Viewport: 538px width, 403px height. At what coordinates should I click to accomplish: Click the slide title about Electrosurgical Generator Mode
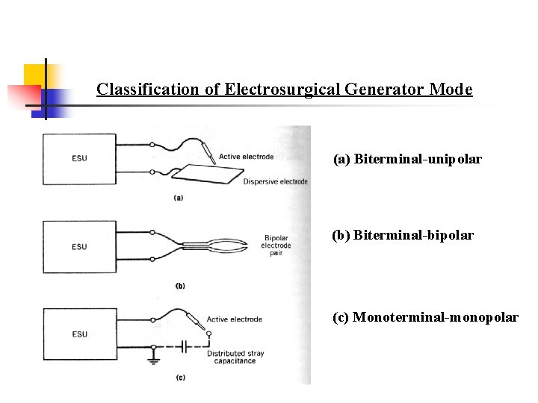point(284,90)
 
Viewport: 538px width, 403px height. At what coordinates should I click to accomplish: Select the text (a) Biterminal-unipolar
point(407,159)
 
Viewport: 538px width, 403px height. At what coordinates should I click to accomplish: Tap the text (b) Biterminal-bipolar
point(403,235)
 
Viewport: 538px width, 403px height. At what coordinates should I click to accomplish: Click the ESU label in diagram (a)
point(79,158)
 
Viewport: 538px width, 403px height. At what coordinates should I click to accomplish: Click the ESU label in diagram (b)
point(79,246)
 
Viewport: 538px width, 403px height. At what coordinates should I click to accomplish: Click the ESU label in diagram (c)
point(79,334)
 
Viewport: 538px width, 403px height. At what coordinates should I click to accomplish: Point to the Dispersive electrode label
point(275,181)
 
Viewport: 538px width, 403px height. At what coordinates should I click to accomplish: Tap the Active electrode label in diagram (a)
point(247,157)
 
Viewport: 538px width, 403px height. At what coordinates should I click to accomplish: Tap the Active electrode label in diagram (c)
point(235,319)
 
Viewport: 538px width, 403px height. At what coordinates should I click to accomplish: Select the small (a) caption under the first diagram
point(179,198)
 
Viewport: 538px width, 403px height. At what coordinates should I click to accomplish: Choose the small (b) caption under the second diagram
point(179,286)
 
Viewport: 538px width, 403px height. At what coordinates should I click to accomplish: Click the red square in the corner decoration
point(22,96)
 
